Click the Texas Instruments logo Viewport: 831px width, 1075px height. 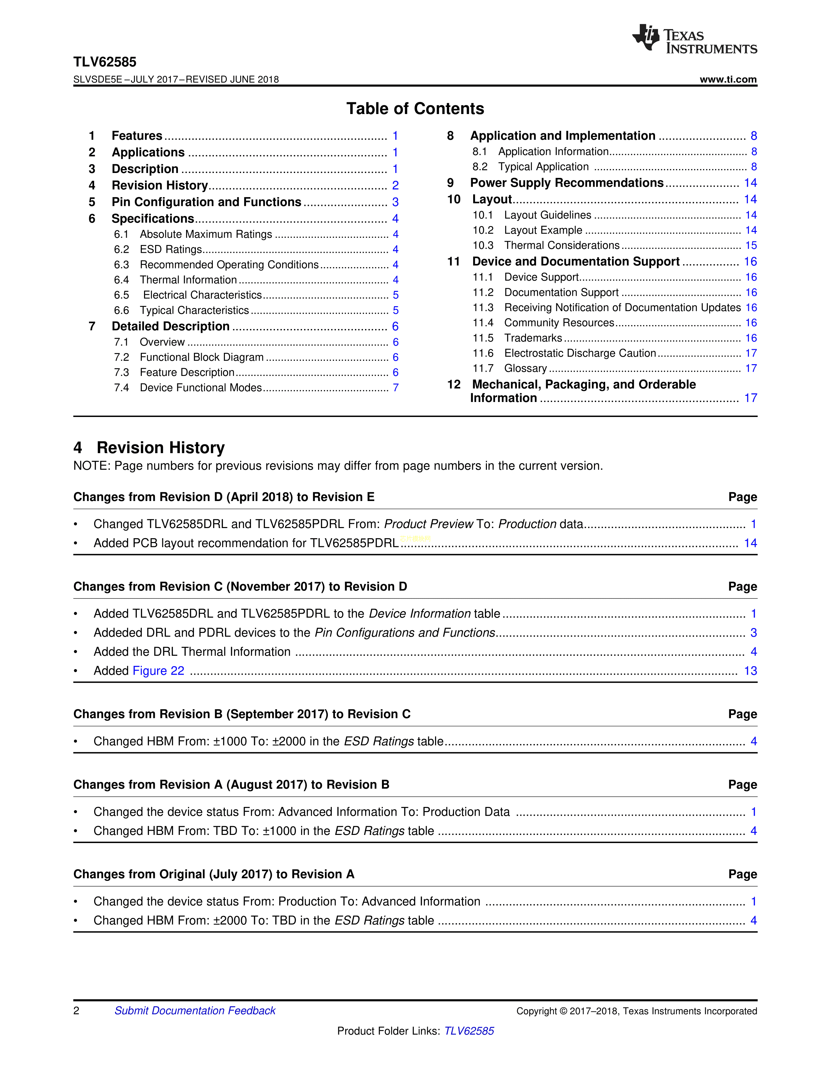pyautogui.click(x=694, y=39)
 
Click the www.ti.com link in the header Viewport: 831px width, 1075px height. pyautogui.click(x=728, y=79)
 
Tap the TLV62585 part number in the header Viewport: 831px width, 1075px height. pyautogui.click(x=105, y=62)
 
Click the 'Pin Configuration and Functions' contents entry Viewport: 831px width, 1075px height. pyautogui.click(x=206, y=202)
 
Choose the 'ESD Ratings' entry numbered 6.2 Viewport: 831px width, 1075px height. pyautogui.click(x=171, y=250)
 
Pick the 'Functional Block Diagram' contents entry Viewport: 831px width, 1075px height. pyautogui.click(x=201, y=357)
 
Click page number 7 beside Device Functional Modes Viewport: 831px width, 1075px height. pyautogui.click(x=395, y=388)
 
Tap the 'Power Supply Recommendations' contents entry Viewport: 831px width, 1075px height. pyautogui.click(x=567, y=183)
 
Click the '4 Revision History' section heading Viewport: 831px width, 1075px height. pyautogui.click(x=149, y=447)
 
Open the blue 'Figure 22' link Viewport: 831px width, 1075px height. pyautogui.click(x=158, y=671)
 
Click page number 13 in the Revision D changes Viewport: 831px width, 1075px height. pyautogui.click(x=750, y=671)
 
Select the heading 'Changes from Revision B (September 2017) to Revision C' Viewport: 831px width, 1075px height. pyautogui.click(x=242, y=714)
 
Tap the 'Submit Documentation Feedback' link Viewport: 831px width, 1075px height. pyautogui.click(x=195, y=1010)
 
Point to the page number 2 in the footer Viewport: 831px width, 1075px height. pyautogui.click(x=76, y=1010)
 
